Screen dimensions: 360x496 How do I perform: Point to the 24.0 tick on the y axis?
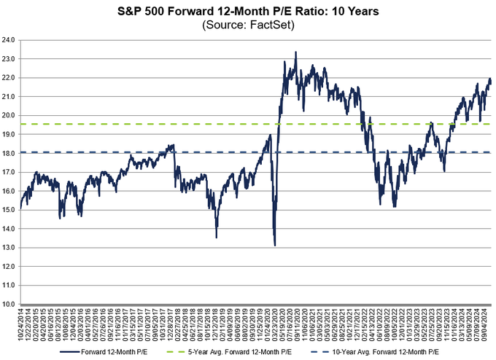click(x=11, y=40)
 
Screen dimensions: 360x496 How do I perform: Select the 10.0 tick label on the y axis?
click(x=11, y=304)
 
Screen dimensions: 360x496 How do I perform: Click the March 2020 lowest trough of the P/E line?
click(x=274, y=245)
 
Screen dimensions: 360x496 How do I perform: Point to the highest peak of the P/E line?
click(x=295, y=52)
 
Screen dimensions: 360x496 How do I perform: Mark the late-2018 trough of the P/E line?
click(x=216, y=237)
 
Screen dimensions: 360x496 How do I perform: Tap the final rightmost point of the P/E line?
click(x=491, y=82)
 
